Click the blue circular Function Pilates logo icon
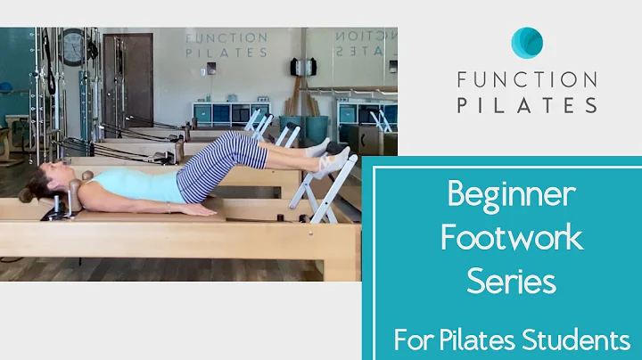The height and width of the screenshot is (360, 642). tap(527, 43)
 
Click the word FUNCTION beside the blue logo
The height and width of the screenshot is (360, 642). tap(527, 79)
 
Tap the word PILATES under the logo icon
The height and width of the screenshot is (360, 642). tap(527, 105)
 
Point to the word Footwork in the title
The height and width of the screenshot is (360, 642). tap(514, 238)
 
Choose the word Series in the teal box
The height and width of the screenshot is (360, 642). tap(512, 282)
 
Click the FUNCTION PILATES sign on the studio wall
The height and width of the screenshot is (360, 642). tap(226, 45)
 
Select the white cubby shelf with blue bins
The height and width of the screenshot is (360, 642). tap(218, 114)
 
